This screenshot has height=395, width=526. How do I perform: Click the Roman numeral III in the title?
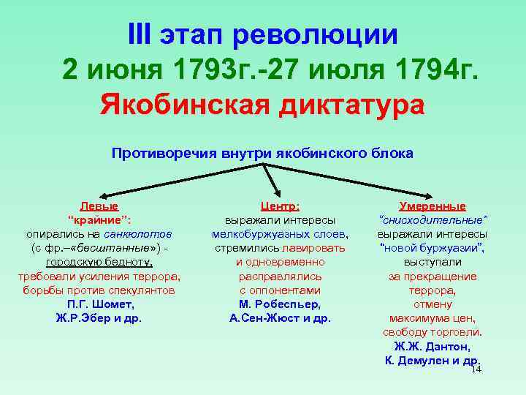point(143,34)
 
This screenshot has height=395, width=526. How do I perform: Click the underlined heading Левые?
point(99,207)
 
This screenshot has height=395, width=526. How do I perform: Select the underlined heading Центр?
point(280,207)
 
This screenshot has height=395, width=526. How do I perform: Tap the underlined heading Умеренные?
point(432,207)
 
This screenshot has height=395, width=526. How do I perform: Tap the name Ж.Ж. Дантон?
point(432,346)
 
